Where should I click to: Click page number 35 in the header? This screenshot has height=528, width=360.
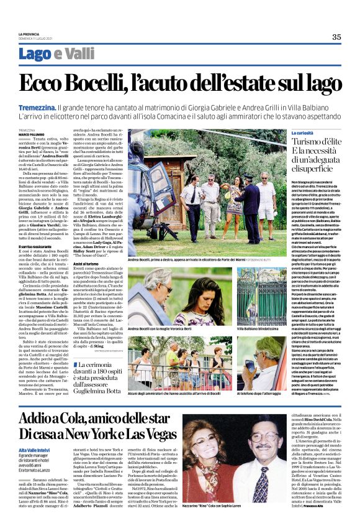coord(336,37)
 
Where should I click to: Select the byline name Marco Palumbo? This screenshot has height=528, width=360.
coord(31,134)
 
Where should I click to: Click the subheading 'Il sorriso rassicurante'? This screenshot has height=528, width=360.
coord(35,247)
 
